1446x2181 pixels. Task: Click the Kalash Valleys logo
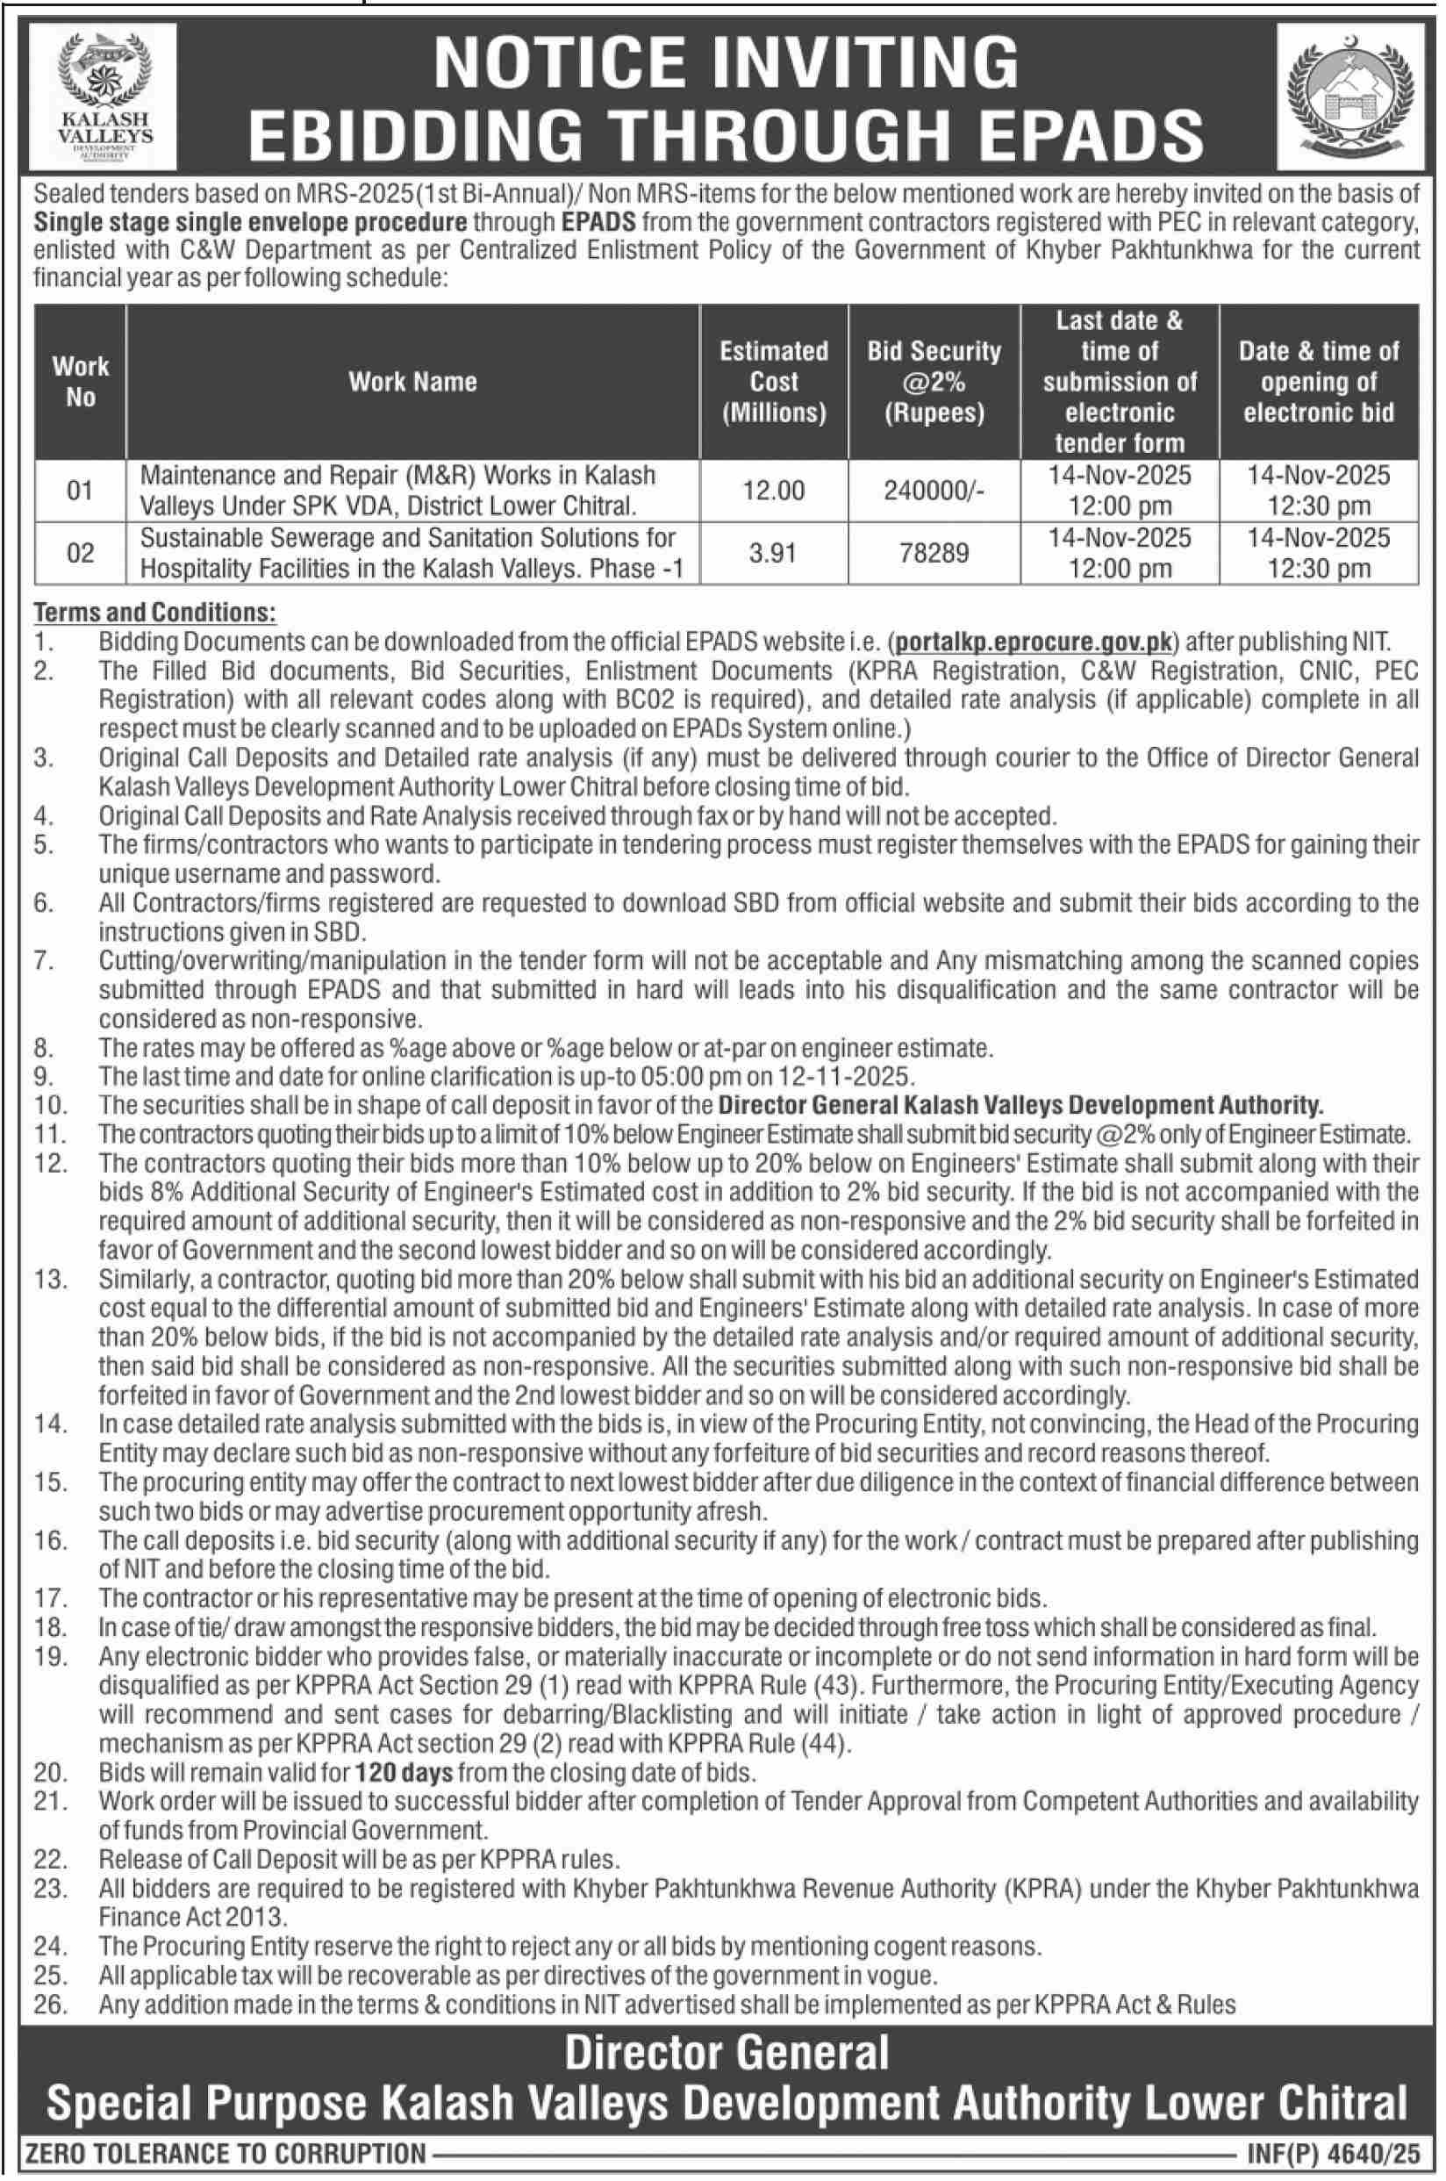pyautogui.click(x=104, y=96)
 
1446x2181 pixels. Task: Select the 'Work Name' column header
pyautogui.click(x=412, y=382)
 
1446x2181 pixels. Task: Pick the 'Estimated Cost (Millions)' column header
pyautogui.click(x=773, y=382)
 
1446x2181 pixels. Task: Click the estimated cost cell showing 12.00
pyautogui.click(x=773, y=491)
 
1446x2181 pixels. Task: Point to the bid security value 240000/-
pyautogui.click(x=934, y=491)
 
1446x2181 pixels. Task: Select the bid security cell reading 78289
pyautogui.click(x=934, y=553)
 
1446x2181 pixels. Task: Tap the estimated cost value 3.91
pyautogui.click(x=773, y=553)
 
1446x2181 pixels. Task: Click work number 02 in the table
pyautogui.click(x=80, y=553)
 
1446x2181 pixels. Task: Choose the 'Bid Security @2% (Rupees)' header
pyautogui.click(x=934, y=382)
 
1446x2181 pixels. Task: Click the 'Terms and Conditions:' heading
pyautogui.click(x=154, y=613)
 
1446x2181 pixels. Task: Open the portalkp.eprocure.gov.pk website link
pyautogui.click(x=1034, y=642)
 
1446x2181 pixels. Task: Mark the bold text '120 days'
pyautogui.click(x=404, y=1773)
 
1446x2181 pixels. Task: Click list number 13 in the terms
pyautogui.click(x=51, y=1280)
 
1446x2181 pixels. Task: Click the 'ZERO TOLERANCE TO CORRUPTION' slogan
pyautogui.click(x=226, y=2156)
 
